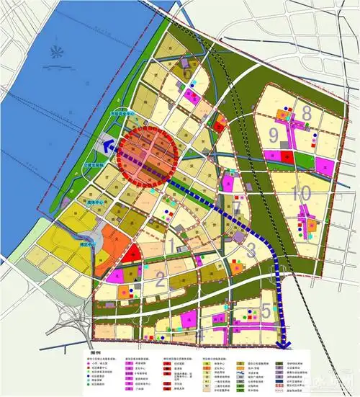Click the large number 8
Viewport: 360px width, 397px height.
click(x=307, y=113)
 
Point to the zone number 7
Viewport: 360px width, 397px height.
click(x=237, y=208)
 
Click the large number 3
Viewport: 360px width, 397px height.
click(x=251, y=251)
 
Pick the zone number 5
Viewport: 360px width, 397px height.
click(x=266, y=311)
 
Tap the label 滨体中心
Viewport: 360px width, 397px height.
click(x=94, y=204)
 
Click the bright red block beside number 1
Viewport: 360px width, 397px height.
click(x=129, y=253)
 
